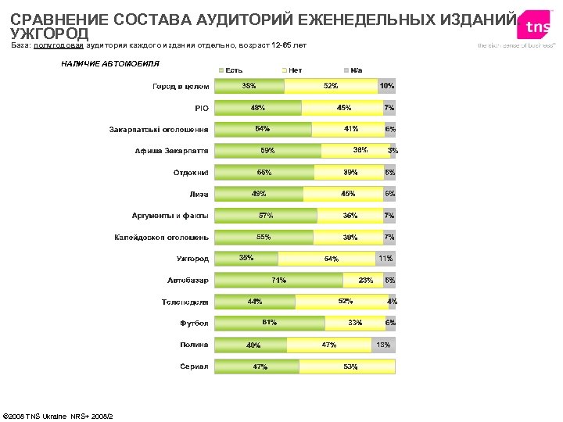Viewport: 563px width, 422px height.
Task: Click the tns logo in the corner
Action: pyautogui.click(x=537, y=27)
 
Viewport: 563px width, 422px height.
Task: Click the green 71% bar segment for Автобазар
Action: pyautogui.click(x=278, y=280)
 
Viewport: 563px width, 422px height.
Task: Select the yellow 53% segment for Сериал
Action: pyautogui.click(x=347, y=366)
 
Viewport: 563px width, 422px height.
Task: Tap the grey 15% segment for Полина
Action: pyautogui.click(x=383, y=345)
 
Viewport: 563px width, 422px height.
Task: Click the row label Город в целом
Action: pyautogui.click(x=180, y=86)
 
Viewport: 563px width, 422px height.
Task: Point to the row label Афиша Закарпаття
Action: pyautogui.click(x=171, y=151)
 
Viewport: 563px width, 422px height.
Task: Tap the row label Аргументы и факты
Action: pyautogui.click(x=170, y=216)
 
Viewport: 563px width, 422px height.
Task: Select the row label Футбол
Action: pyautogui.click(x=194, y=323)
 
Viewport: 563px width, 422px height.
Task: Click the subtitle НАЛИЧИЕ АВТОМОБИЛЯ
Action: pyautogui.click(x=110, y=63)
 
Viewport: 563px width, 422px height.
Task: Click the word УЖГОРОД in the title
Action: pyautogui.click(x=49, y=34)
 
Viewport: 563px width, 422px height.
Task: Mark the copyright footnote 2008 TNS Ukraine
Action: pyautogui.click(x=59, y=415)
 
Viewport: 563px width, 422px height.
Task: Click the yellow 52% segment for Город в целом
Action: pyautogui.click(x=330, y=86)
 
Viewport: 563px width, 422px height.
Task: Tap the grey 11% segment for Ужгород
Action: pyautogui.click(x=385, y=259)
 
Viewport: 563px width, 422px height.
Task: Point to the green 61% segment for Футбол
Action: pyautogui.click(x=269, y=323)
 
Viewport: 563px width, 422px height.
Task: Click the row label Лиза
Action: pyautogui.click(x=198, y=194)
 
